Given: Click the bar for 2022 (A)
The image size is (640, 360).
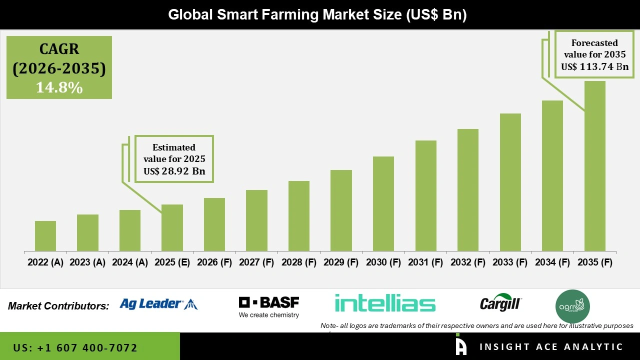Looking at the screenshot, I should [x=45, y=236].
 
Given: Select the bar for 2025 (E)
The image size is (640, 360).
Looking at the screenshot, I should [x=172, y=227].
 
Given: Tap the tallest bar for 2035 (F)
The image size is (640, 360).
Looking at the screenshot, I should [x=594, y=166].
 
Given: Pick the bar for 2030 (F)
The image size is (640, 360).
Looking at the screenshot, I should [x=383, y=203].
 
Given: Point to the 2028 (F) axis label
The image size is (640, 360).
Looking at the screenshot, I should [x=299, y=262].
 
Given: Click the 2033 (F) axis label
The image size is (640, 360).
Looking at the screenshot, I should [x=510, y=262].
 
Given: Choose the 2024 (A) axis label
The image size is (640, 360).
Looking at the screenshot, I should [x=130, y=262].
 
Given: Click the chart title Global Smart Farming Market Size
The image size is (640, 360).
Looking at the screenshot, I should [x=317, y=14].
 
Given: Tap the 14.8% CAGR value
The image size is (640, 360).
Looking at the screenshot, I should [x=59, y=88].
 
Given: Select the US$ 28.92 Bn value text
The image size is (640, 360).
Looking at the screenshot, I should [x=174, y=171].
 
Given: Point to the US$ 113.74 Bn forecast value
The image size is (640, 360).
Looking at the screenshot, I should [x=594, y=66].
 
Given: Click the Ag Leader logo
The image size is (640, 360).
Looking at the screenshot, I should [x=158, y=303].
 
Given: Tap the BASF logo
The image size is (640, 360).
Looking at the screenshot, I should [x=269, y=307].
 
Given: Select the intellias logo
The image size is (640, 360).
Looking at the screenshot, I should [x=385, y=303].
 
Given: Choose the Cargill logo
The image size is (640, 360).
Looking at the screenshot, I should [x=500, y=303].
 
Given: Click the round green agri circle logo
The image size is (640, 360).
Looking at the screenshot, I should [x=573, y=306].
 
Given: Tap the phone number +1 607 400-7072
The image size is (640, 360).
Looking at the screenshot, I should [x=75, y=347].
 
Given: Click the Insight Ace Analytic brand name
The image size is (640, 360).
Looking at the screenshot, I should [x=551, y=347].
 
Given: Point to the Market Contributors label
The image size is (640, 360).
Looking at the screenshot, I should [x=58, y=305].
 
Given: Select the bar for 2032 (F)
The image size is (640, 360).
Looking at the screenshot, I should [x=468, y=190].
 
